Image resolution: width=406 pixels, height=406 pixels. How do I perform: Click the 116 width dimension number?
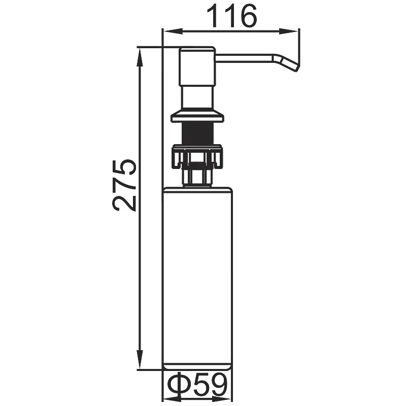(232, 16)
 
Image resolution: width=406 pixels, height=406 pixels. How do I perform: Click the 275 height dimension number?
(124, 185)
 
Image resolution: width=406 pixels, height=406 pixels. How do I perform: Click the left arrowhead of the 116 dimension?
(173, 31)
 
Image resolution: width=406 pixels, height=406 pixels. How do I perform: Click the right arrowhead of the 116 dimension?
(288, 31)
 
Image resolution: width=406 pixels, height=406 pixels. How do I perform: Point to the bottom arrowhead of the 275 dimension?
(140, 359)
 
